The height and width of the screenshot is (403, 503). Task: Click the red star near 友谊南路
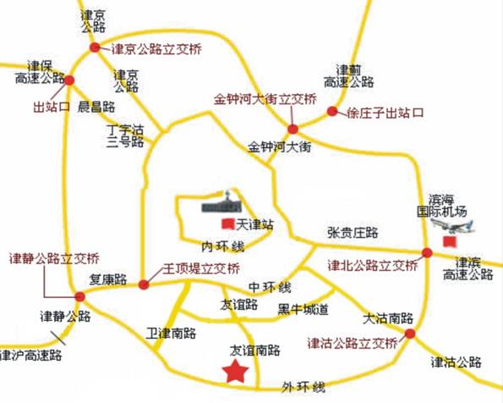coord(234,370)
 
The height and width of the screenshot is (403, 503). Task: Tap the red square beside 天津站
coord(227,224)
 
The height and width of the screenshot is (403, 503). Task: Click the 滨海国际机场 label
coord(441,205)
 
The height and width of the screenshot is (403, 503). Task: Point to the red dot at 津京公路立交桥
coord(96,48)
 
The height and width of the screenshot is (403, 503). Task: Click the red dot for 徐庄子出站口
coord(331,111)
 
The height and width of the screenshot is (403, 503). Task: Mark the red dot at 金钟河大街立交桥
coord(293,130)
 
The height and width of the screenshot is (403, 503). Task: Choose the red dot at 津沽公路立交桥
coord(410,334)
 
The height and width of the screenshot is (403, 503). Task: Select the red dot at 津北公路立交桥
coord(427,251)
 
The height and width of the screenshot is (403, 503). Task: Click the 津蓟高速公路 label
coord(347,75)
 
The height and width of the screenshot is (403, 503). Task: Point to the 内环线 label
coord(222,246)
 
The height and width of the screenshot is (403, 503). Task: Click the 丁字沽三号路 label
coord(124,136)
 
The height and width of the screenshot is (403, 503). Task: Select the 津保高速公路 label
coord(40,71)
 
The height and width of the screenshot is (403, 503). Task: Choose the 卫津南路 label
coord(171,332)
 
